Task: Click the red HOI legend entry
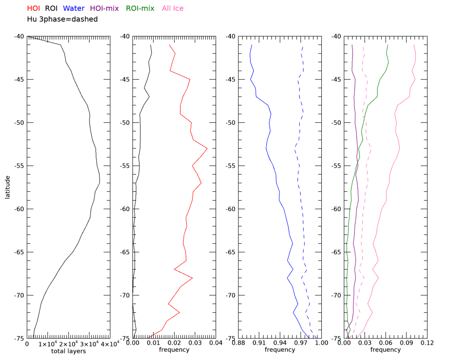point(34,8)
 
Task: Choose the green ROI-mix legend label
point(140,8)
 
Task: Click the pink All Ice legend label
point(172,8)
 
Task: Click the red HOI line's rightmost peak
point(207,148)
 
